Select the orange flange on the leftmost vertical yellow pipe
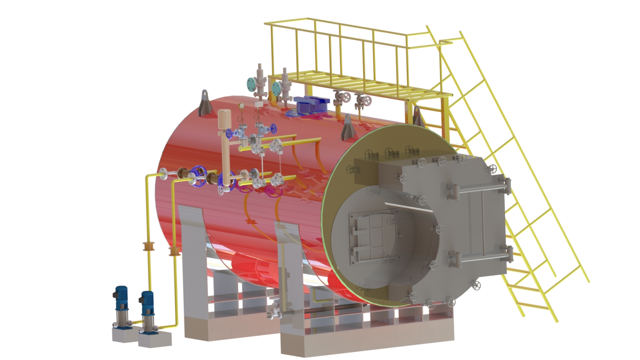click(147, 246)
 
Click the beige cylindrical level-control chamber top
click(225, 114)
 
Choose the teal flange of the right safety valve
click(276, 88)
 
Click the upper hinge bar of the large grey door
click(479, 188)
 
